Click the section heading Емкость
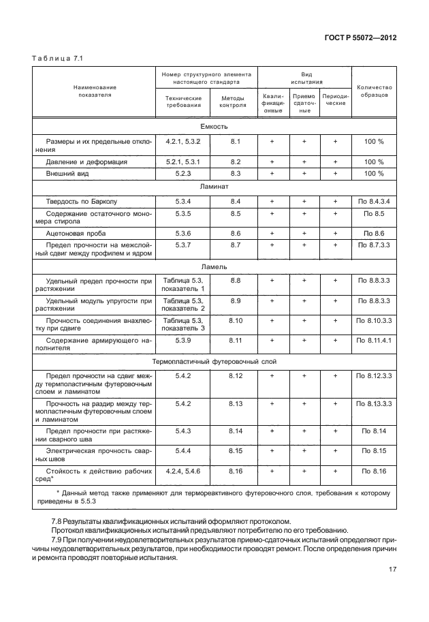(x=214, y=127)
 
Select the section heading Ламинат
(x=214, y=185)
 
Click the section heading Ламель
(x=214, y=266)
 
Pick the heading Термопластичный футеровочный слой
(x=214, y=362)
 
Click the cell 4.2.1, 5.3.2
(x=183, y=141)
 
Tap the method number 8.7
(x=236, y=244)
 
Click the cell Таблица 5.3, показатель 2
(x=183, y=304)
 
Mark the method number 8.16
(x=236, y=470)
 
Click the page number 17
(x=391, y=570)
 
